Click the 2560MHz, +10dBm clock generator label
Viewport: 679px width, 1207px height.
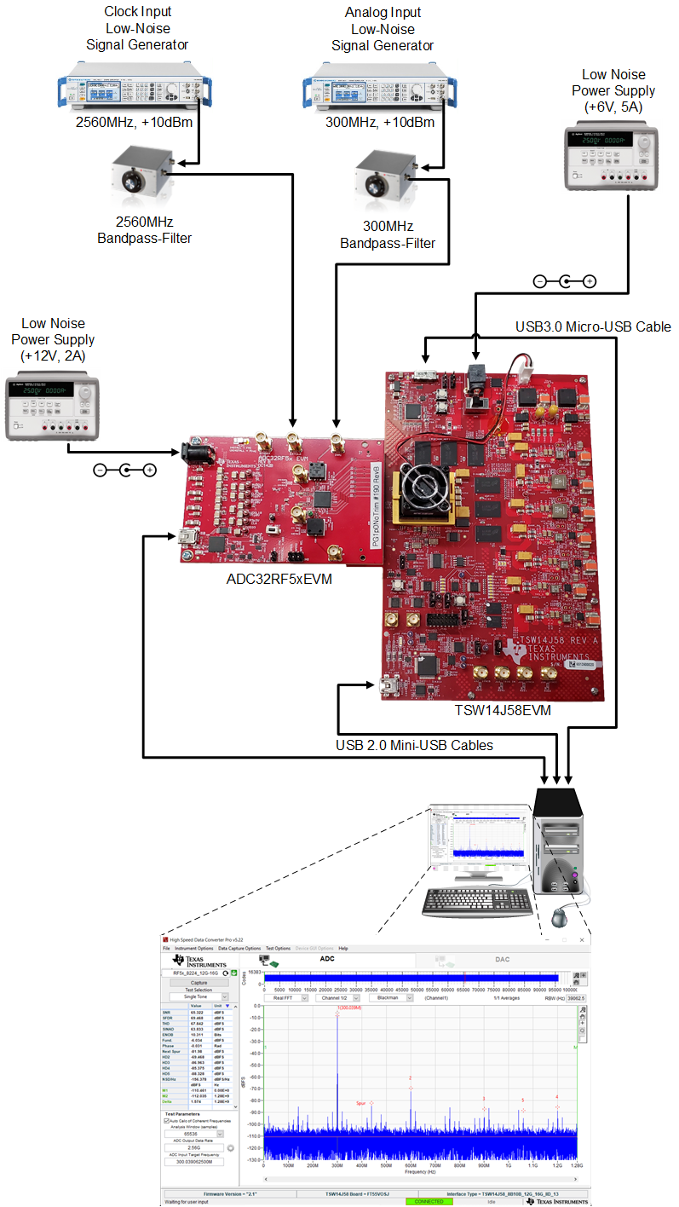pos(134,122)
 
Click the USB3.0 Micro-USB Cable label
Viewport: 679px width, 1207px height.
pos(593,326)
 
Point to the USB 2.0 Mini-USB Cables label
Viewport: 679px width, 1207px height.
pos(415,745)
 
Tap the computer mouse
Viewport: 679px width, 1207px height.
pos(559,917)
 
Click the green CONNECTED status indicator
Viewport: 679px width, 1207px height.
pos(429,1201)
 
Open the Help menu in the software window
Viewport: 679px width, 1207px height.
pos(343,948)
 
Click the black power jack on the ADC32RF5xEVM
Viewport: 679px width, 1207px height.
pos(193,454)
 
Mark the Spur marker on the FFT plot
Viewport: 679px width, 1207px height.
pos(371,1103)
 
